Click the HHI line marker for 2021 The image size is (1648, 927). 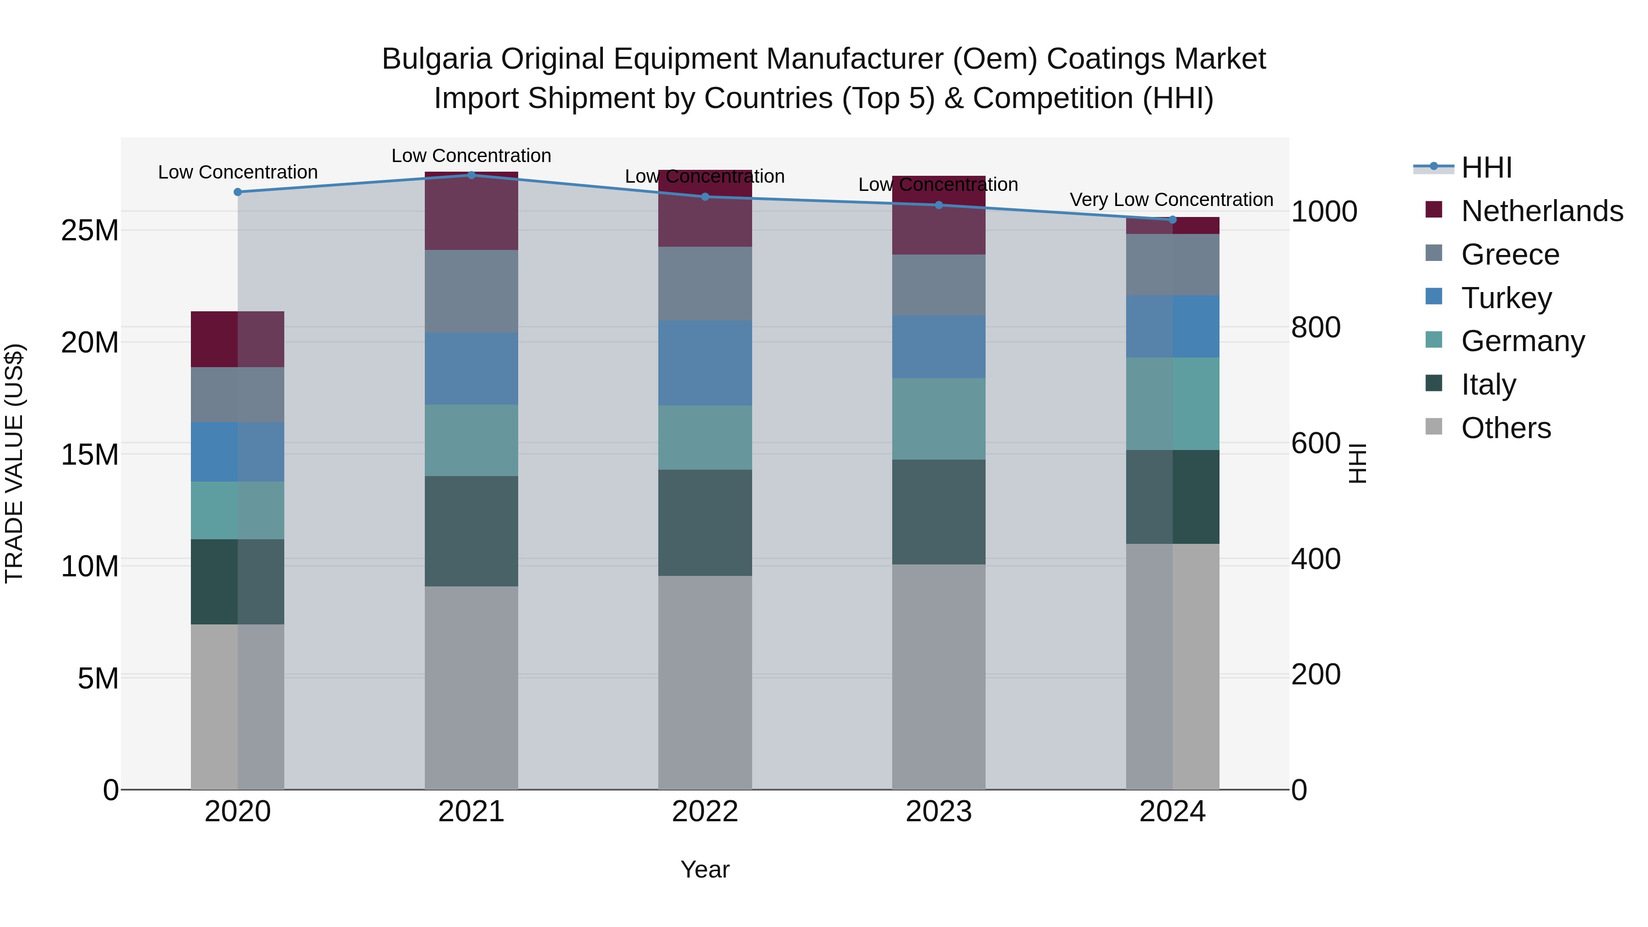pos(472,175)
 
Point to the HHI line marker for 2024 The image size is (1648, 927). pos(1172,219)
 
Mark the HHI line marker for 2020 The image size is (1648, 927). pos(238,192)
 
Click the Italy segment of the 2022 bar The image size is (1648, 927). pos(705,523)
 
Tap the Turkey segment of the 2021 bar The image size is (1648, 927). pos(472,369)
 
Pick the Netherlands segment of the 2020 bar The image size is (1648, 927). pos(238,339)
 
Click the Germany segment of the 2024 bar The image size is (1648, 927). pos(1172,404)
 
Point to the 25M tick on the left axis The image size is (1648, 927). pos(90,230)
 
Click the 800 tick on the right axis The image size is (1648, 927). pos(1315,328)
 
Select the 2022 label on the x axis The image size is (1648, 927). pos(705,812)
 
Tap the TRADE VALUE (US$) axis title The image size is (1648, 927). pos(14,463)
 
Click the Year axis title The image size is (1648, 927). pos(705,869)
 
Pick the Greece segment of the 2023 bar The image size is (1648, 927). pos(938,285)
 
